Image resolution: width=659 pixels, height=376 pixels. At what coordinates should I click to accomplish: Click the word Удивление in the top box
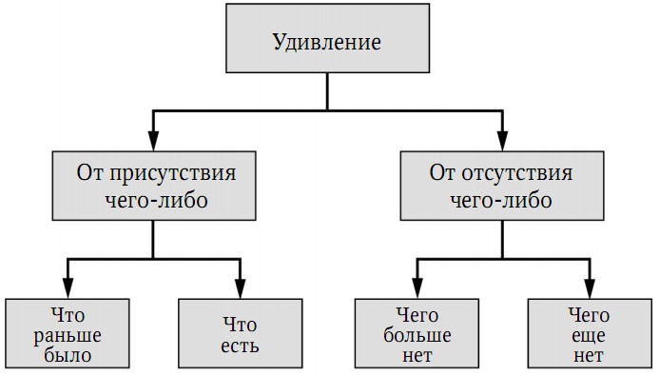click(326, 42)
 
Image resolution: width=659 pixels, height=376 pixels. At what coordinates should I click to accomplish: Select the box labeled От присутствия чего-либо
click(155, 187)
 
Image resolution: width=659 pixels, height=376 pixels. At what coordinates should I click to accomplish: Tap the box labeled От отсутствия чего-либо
click(501, 187)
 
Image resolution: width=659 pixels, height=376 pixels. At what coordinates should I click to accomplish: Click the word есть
click(240, 345)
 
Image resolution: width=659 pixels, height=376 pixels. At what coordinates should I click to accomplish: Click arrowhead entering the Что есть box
click(240, 287)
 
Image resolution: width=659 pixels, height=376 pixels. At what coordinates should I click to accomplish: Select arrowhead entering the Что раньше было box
click(67, 287)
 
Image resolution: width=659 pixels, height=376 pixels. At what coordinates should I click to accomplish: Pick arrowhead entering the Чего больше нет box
click(416, 287)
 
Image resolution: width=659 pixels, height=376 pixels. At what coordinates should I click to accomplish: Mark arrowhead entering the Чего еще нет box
click(588, 287)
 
